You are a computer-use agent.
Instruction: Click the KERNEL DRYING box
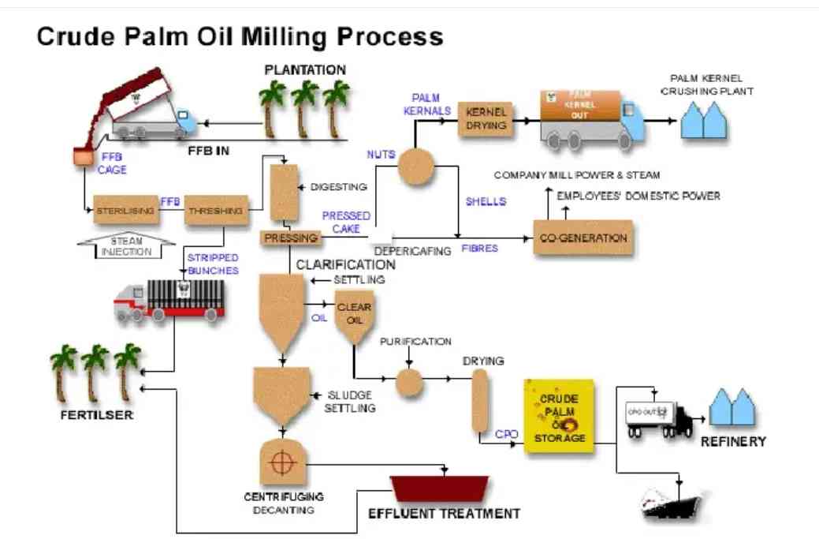(x=486, y=118)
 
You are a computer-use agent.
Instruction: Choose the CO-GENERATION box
(x=584, y=238)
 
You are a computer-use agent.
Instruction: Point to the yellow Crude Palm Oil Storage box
(x=559, y=416)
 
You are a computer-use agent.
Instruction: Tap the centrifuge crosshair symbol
(x=281, y=463)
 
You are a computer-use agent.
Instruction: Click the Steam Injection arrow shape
(x=126, y=245)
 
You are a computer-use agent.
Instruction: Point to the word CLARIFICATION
(x=345, y=265)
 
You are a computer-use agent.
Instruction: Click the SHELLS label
(x=485, y=201)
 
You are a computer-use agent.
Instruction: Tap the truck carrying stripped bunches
(x=169, y=301)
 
